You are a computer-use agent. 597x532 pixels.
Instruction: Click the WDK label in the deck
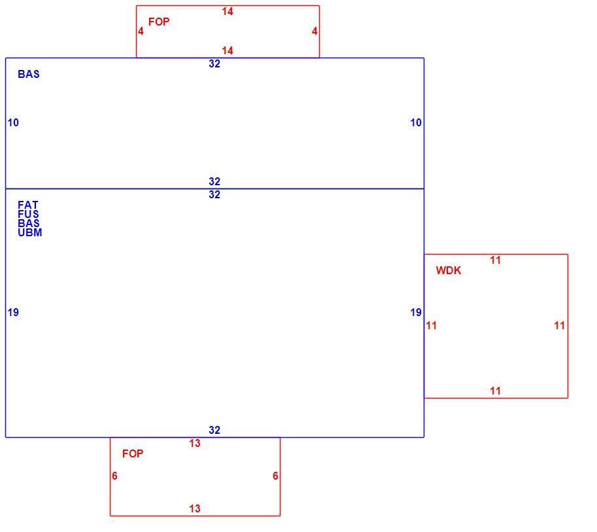pyautogui.click(x=448, y=270)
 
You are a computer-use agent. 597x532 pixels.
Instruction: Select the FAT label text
pyautogui.click(x=28, y=205)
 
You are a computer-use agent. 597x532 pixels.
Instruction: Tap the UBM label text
pyautogui.click(x=29, y=232)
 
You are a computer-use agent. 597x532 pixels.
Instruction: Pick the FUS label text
pyautogui.click(x=28, y=214)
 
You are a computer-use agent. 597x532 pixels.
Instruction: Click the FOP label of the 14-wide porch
pyautogui.click(x=159, y=22)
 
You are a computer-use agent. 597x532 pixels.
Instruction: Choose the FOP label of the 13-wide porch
pyautogui.click(x=133, y=453)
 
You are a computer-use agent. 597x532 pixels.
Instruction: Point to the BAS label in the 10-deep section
pyautogui.click(x=29, y=74)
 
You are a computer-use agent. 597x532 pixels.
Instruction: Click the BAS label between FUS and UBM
pyautogui.click(x=29, y=223)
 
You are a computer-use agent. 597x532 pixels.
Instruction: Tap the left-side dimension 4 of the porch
pyautogui.click(x=141, y=31)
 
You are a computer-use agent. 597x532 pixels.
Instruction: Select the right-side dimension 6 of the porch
pyautogui.click(x=275, y=476)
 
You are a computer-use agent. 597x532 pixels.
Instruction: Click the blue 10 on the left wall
pyautogui.click(x=13, y=123)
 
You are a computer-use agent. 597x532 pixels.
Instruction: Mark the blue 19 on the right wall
pyautogui.click(x=416, y=313)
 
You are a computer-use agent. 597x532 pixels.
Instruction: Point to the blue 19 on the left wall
pyautogui.click(x=13, y=313)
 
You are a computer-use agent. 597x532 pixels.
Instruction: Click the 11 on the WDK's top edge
pyautogui.click(x=496, y=260)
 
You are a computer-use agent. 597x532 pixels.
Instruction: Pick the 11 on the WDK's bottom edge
pyautogui.click(x=496, y=391)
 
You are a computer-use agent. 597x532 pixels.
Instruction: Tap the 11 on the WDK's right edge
pyautogui.click(x=559, y=325)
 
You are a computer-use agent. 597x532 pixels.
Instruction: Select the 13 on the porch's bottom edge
pyautogui.click(x=195, y=508)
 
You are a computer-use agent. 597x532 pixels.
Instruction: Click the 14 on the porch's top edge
pyautogui.click(x=228, y=12)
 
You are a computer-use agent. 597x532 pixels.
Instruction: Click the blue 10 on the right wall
pyautogui.click(x=416, y=123)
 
